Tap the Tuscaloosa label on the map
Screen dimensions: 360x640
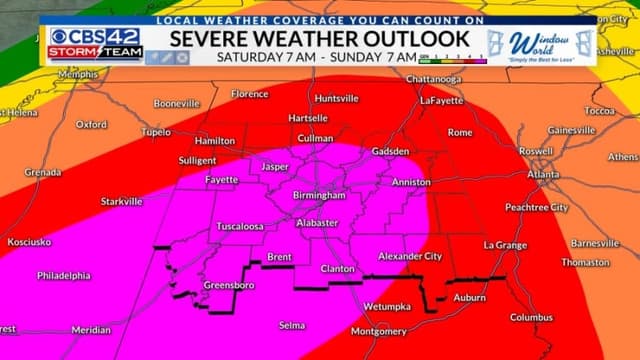[x=240, y=227]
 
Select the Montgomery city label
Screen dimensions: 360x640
[x=379, y=331]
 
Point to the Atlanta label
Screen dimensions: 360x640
[x=544, y=174]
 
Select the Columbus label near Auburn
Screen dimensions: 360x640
[x=531, y=318]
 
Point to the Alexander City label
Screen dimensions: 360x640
[x=410, y=256]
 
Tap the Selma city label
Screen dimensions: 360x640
[x=291, y=325]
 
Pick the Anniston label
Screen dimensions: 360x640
[x=411, y=183]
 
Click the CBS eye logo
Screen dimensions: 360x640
[x=60, y=37]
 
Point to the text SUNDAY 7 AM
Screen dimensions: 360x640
[x=375, y=57]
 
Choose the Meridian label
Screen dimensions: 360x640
[x=91, y=329]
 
